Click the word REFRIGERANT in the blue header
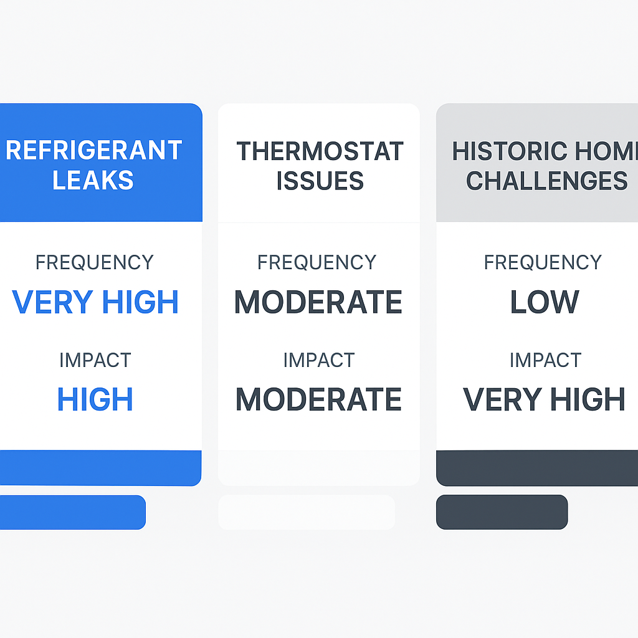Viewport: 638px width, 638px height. (x=93, y=151)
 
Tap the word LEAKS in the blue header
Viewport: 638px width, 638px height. (x=93, y=181)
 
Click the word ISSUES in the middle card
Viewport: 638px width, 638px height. (x=320, y=181)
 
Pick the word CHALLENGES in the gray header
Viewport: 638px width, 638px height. (x=546, y=181)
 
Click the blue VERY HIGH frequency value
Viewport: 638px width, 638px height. (x=95, y=302)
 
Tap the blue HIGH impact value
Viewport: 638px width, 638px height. (x=95, y=399)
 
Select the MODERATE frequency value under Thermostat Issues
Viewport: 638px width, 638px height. (x=318, y=302)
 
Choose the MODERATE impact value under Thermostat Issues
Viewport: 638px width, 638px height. (x=318, y=399)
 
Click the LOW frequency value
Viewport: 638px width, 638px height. (x=545, y=302)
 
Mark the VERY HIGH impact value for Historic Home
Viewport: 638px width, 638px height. (x=545, y=399)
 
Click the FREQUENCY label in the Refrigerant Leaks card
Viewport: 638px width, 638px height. (x=95, y=262)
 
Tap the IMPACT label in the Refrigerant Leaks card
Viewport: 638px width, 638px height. (x=95, y=360)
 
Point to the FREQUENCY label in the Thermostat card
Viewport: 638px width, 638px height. (x=317, y=262)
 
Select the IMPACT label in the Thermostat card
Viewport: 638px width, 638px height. (x=318, y=360)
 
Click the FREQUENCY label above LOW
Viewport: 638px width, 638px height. (x=543, y=262)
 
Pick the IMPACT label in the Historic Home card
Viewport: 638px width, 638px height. (x=545, y=360)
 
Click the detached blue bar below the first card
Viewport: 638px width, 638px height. (x=72, y=512)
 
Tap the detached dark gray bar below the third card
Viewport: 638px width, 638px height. (x=502, y=512)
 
